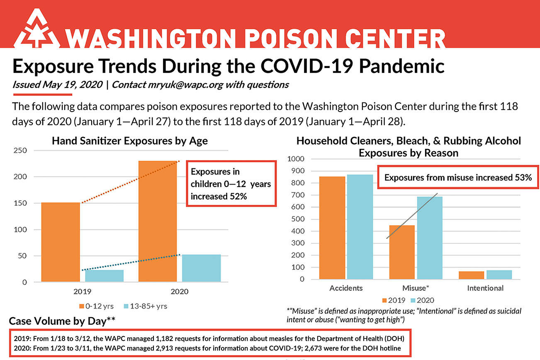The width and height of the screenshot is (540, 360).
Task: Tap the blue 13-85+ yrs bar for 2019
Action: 104,276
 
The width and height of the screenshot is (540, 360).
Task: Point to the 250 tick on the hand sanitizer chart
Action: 21,150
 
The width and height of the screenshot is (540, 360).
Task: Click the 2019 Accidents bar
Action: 332,228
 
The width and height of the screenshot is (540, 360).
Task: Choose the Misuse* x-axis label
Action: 416,288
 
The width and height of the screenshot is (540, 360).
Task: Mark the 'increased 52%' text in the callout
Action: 219,197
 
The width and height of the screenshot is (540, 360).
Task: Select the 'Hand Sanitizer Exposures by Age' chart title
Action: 130,141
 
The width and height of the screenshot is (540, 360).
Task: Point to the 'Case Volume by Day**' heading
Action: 62,321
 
